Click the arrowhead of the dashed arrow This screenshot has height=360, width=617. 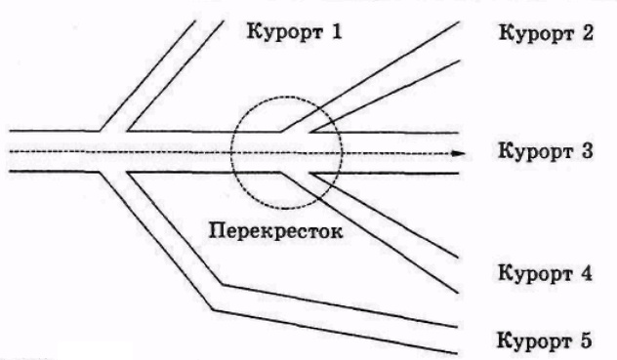456,153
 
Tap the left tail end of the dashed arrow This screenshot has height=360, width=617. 10,153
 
